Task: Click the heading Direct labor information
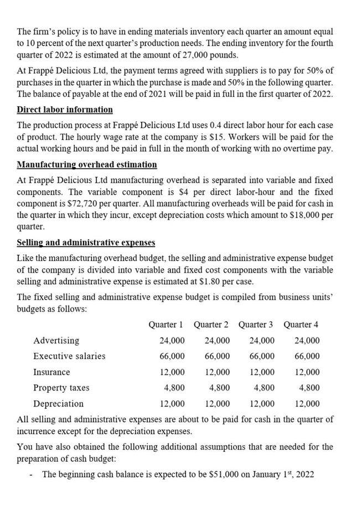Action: [x=65, y=110]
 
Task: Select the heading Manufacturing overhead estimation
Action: [x=87, y=165]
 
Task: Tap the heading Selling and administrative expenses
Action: [x=86, y=243]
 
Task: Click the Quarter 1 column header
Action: [x=166, y=324]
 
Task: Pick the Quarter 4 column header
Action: [x=301, y=324]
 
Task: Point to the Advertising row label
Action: [x=56, y=340]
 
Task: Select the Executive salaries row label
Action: [x=69, y=356]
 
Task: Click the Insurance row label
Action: [x=51, y=372]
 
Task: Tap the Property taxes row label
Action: [x=61, y=388]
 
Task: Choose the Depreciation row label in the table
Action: [x=58, y=404]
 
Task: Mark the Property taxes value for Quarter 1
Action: [x=174, y=388]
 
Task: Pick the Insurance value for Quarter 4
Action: [x=307, y=372]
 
